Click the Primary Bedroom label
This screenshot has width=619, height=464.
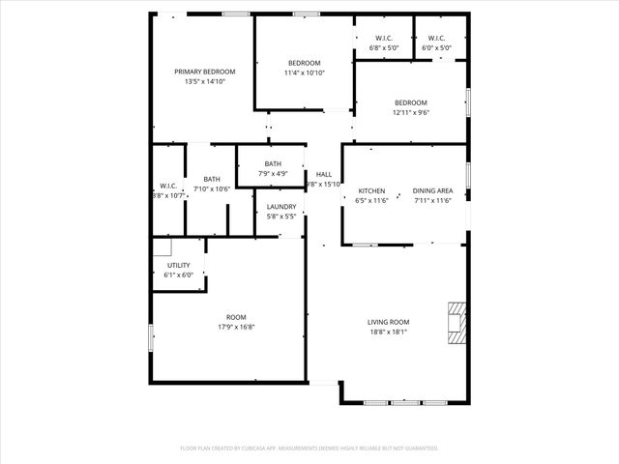[x=204, y=72]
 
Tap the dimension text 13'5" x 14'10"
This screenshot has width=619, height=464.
[x=204, y=82]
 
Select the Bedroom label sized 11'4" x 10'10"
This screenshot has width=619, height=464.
[x=304, y=63]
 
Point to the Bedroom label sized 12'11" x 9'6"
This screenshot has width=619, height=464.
[x=410, y=102]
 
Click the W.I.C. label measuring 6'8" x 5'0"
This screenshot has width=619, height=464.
[x=384, y=38]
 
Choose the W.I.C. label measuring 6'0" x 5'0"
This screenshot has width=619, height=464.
[x=436, y=38]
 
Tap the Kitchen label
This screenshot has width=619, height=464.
[x=372, y=190]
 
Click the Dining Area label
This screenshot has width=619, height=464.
[x=432, y=190]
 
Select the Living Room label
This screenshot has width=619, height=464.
[x=388, y=322]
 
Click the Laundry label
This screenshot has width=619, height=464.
[x=281, y=207]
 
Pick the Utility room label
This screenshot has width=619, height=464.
[x=179, y=265]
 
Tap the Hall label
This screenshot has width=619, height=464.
[x=323, y=174]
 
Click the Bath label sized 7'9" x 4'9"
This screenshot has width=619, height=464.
[x=273, y=163]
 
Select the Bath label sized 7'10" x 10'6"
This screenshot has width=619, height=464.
[x=211, y=179]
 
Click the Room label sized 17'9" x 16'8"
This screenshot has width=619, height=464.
[x=236, y=317]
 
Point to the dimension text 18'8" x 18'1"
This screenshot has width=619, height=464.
[x=388, y=333]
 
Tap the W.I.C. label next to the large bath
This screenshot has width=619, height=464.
[x=167, y=186]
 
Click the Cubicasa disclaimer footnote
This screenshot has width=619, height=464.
[x=309, y=449]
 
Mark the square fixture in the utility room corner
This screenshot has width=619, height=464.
[x=162, y=246]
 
